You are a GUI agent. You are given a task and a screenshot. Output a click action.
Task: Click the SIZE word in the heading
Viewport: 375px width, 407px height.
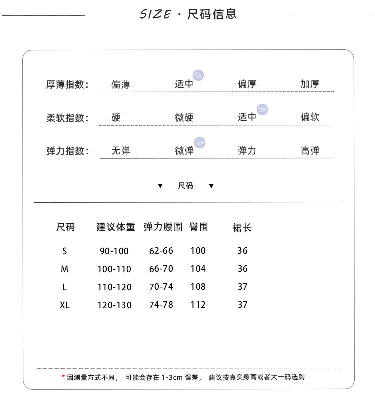pyautogui.click(x=155, y=14)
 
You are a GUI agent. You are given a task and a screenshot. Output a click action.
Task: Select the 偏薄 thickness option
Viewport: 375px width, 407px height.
pyautogui.click(x=120, y=84)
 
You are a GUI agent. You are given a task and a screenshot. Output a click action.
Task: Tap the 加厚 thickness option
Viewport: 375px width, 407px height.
pyautogui.click(x=310, y=84)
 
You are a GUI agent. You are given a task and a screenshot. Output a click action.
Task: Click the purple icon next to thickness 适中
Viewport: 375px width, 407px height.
pyautogui.click(x=198, y=75)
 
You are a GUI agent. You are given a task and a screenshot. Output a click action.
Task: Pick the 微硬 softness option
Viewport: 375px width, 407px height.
pyautogui.click(x=184, y=118)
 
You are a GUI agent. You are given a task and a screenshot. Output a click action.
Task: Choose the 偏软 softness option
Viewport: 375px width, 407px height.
pyautogui.click(x=310, y=117)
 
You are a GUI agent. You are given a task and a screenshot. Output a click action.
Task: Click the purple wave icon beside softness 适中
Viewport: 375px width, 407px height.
pyautogui.click(x=262, y=109)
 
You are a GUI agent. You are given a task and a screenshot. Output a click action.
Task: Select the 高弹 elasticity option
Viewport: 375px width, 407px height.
pyautogui.click(x=310, y=150)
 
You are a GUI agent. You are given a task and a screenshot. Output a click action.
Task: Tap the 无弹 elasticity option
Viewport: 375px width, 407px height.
pyautogui.click(x=120, y=150)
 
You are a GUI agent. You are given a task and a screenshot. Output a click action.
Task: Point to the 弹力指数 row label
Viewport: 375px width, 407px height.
pyautogui.click(x=67, y=151)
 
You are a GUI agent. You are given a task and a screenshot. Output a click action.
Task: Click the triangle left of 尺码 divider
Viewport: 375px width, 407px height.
pyautogui.click(x=160, y=186)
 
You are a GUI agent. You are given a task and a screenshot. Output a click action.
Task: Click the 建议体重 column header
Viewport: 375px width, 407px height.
pyautogui.click(x=116, y=227)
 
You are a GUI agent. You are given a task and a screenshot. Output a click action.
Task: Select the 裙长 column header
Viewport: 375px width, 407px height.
pyautogui.click(x=242, y=228)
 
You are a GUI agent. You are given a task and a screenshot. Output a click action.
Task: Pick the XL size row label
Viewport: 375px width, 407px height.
pyautogui.click(x=65, y=305)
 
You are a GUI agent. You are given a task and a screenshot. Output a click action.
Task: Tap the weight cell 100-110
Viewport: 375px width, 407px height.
pyautogui.click(x=114, y=269)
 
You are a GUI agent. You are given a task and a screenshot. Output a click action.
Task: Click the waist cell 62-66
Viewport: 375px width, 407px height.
pyautogui.click(x=161, y=251)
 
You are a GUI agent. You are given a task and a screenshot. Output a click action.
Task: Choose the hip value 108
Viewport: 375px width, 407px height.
pyautogui.click(x=198, y=287)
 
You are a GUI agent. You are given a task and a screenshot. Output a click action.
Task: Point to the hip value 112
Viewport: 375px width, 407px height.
pyautogui.click(x=198, y=305)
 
